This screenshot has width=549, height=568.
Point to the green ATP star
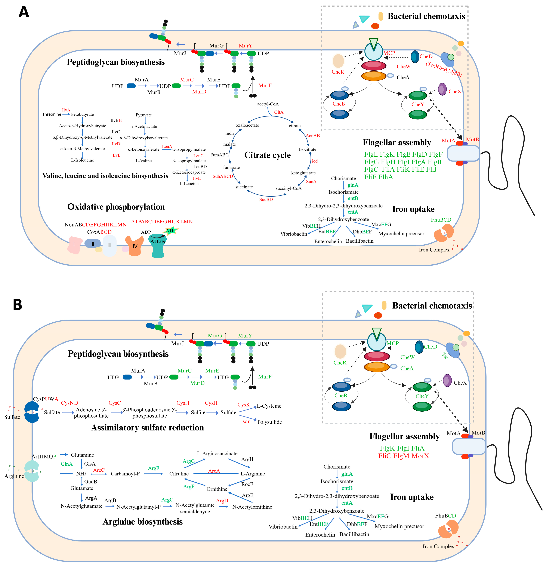coord(170,231)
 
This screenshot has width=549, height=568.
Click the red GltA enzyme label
coord(279,112)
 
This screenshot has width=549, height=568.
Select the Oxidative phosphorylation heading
coord(116,207)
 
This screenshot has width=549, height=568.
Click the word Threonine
coord(52,114)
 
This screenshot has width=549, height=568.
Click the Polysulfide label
coord(269,422)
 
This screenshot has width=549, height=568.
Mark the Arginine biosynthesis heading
coord(143,522)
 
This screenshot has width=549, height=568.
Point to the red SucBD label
coord(266,199)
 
